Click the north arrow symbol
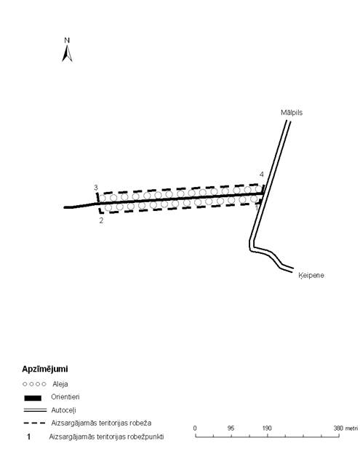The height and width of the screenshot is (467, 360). (x=67, y=54)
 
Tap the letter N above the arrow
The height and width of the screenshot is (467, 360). (x=67, y=41)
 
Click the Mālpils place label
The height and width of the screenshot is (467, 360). (x=292, y=113)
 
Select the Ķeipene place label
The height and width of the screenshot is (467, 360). (x=311, y=276)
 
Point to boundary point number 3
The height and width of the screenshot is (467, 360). (x=96, y=188)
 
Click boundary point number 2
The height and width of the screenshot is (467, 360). (x=101, y=220)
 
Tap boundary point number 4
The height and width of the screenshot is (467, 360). (x=261, y=175)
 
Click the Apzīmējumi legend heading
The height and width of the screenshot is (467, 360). (x=45, y=370)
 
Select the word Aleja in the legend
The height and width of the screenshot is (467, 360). (x=60, y=384)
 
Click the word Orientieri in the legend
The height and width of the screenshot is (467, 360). (x=65, y=397)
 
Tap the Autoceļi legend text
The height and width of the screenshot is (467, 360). (x=64, y=410)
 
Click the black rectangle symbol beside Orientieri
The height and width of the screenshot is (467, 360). (x=33, y=398)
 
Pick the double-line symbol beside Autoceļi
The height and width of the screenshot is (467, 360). (x=35, y=410)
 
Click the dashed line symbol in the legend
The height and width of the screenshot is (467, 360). (x=34, y=423)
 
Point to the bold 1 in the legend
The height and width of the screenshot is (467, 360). (x=28, y=437)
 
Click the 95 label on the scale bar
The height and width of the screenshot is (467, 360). (x=231, y=428)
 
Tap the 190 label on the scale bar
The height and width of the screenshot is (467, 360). (x=267, y=428)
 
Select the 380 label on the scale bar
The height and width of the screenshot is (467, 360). (x=339, y=428)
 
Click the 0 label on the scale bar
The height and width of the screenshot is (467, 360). (x=195, y=428)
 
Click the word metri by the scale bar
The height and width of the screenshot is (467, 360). (x=352, y=428)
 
